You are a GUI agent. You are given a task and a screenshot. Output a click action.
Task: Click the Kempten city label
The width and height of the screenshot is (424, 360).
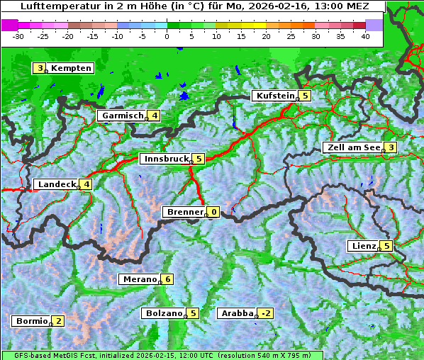pos(71,68)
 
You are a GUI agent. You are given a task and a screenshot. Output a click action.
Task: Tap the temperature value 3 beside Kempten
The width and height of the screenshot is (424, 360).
pos(40,68)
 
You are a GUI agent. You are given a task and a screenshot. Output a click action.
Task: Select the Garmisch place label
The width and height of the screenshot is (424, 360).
pos(123,116)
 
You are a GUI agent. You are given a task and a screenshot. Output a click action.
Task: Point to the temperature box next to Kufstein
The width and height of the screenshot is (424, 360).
pos(305,96)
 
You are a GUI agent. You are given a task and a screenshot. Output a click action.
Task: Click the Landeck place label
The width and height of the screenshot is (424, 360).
pos(57,184)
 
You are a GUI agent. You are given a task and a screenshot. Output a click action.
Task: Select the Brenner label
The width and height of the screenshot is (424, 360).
pos(185,212)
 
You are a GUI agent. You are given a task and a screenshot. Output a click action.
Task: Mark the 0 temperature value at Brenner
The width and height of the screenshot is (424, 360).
pos(213,212)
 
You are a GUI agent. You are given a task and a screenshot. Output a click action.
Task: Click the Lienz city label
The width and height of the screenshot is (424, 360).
pos(364,246)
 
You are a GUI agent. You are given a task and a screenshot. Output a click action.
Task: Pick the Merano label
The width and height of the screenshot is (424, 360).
pos(140,279)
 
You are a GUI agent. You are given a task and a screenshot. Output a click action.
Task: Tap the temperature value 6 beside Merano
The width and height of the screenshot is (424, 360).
pos(167,279)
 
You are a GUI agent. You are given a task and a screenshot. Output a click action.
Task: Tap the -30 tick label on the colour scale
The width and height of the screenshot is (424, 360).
pos(18,35)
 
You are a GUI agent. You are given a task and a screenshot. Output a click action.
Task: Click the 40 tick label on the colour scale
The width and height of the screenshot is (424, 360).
pos(365,35)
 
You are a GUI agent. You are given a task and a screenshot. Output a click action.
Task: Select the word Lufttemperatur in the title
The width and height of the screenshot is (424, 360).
pos(50,6)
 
